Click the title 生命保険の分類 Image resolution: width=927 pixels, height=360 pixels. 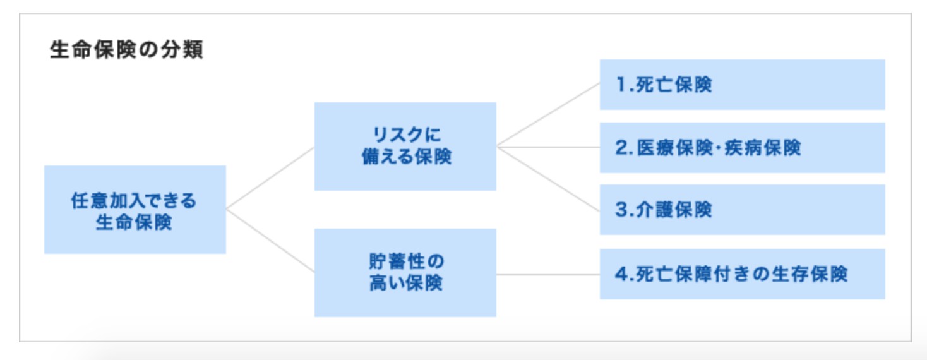tap(127, 50)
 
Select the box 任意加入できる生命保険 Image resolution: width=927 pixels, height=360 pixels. tap(135, 210)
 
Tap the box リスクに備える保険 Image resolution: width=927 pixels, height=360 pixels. tap(405, 147)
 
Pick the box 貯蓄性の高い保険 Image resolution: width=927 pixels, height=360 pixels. tap(405, 273)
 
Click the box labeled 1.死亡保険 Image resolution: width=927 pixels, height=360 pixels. tap(743, 85)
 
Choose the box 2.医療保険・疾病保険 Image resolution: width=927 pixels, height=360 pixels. tap(743, 148)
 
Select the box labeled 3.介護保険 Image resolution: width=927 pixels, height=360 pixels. tap(743, 210)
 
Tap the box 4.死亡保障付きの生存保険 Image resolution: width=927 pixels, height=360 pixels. tap(743, 274)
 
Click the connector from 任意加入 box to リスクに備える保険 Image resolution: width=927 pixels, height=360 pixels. tap(270, 178)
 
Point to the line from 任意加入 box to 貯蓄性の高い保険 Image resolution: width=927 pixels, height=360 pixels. tap(270, 241)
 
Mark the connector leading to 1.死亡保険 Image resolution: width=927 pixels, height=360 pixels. tap(548, 114)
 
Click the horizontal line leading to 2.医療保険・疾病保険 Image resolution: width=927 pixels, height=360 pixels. tap(548, 147)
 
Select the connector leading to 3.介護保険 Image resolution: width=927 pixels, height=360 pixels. tap(548, 179)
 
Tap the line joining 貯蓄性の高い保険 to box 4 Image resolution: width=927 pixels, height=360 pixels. tap(548, 274)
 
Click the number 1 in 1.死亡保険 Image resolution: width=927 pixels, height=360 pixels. tap(621, 85)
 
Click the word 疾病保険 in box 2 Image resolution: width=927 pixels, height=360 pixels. tap(762, 148)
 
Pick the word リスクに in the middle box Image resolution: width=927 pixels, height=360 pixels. tap(407, 135)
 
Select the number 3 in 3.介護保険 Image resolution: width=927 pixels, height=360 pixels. tap(621, 210)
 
